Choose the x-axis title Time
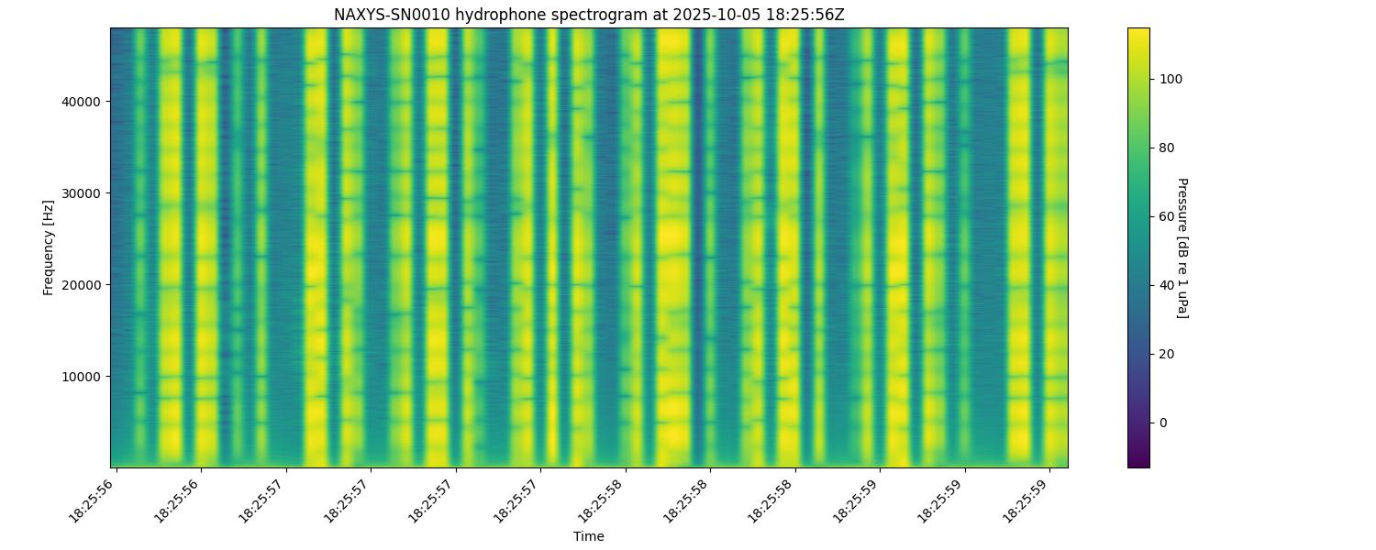589,536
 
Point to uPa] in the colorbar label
1182,304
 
